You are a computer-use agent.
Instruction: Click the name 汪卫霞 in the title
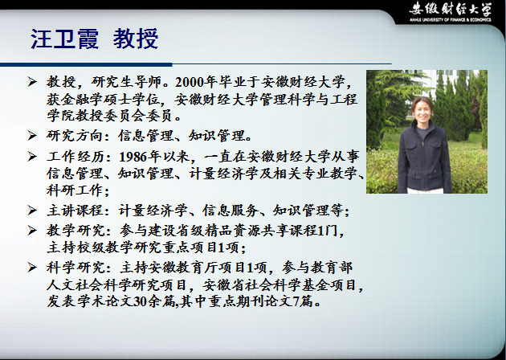point(64,39)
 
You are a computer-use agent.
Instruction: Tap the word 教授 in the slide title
point(136,39)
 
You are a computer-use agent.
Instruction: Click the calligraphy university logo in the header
point(451,10)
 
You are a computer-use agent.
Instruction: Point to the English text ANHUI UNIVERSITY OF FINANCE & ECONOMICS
point(451,20)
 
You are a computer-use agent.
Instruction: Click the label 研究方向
point(75,136)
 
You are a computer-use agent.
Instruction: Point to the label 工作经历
point(75,157)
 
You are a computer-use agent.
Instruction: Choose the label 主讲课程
point(75,211)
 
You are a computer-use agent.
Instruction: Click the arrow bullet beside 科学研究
point(32,268)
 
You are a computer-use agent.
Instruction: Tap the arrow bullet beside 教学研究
point(32,231)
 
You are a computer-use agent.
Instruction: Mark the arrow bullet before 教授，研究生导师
point(32,82)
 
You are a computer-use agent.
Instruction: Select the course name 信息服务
point(231,211)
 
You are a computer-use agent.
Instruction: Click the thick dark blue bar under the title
point(86,64)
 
